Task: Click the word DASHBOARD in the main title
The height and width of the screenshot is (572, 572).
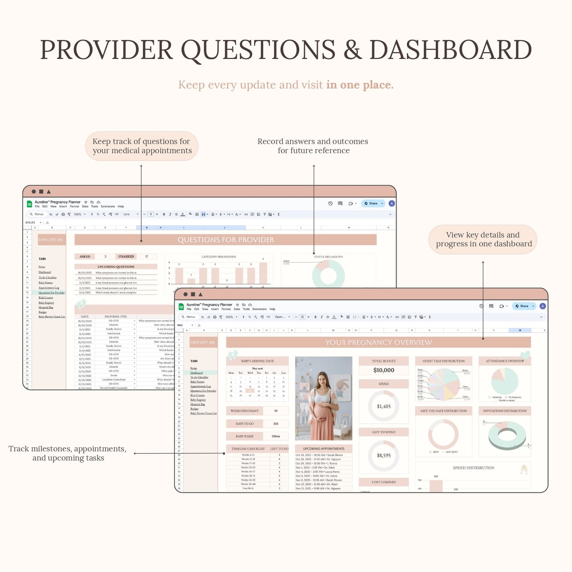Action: pos(450,50)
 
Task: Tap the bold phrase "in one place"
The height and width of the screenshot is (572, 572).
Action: pos(359,85)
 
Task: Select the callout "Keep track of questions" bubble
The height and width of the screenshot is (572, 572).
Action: pos(142,146)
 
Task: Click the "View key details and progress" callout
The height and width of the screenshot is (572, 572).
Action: pos(483,239)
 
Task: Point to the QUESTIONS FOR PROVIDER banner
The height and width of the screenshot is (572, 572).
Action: pos(225,240)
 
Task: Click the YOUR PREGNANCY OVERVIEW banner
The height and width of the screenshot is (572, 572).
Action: pos(378,342)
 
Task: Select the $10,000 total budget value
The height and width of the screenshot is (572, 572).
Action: pos(384,371)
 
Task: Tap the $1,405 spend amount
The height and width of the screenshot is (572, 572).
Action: pos(384,407)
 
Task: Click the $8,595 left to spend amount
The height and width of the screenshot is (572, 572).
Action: pos(384,456)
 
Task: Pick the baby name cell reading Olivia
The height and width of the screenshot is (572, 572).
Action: pos(276,436)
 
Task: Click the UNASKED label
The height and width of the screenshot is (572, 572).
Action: pos(126,257)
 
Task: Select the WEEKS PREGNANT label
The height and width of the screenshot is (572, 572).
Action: pos(245,411)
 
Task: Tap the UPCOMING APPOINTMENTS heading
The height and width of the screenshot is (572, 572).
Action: pos(323,449)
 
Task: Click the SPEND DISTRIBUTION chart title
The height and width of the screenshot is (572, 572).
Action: pos(473,468)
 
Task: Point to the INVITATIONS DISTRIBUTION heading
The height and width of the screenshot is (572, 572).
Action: pos(505,411)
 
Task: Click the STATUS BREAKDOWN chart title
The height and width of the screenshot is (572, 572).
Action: pos(328,257)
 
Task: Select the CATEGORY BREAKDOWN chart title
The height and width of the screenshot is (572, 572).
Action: pos(219,257)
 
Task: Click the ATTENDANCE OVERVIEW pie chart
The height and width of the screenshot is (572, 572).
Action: pos(505,381)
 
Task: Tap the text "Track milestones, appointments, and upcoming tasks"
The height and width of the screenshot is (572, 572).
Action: pos(68,453)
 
